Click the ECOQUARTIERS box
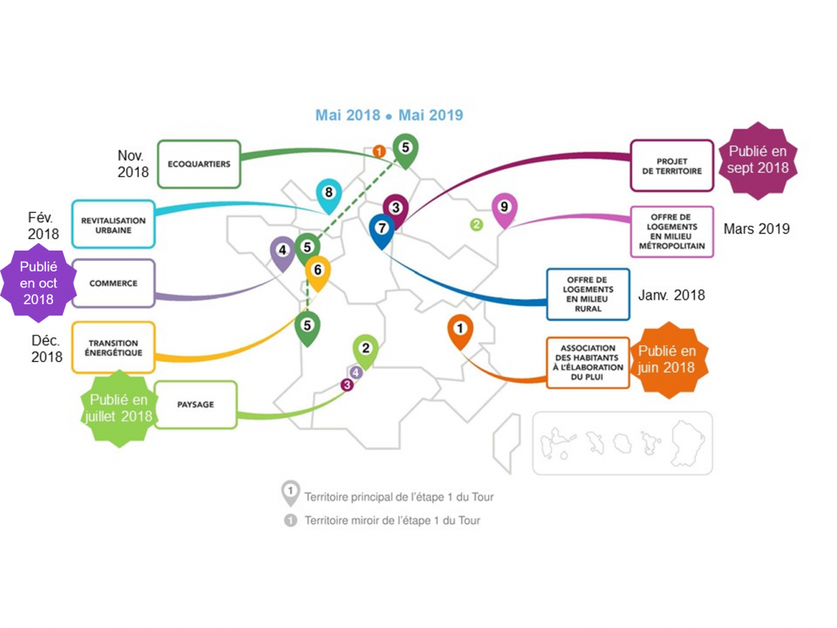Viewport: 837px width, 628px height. pyautogui.click(x=199, y=164)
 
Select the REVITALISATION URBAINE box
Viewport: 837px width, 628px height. pyautogui.click(x=113, y=224)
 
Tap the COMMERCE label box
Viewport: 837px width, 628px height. pyautogui.click(x=113, y=283)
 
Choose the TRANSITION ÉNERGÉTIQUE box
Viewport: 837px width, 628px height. pyautogui.click(x=113, y=347)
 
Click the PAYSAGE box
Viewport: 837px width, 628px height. pyautogui.click(x=196, y=405)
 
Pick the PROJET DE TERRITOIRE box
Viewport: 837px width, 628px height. pyautogui.click(x=672, y=165)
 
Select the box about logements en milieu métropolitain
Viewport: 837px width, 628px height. pyautogui.click(x=672, y=232)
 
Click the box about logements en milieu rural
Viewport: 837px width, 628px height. pyautogui.click(x=588, y=294)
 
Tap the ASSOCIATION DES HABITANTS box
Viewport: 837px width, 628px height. pyautogui.click(x=588, y=362)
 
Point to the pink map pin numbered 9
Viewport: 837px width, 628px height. pyautogui.click(x=504, y=208)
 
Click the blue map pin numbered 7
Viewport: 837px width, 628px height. pyautogui.click(x=382, y=230)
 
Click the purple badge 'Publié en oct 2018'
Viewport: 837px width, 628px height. pyautogui.click(x=38, y=283)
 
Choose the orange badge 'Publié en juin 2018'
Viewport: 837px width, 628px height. pyautogui.click(x=668, y=359)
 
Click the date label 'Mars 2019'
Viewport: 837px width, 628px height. pyautogui.click(x=756, y=229)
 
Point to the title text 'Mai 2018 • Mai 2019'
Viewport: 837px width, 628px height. pyautogui.click(x=389, y=115)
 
